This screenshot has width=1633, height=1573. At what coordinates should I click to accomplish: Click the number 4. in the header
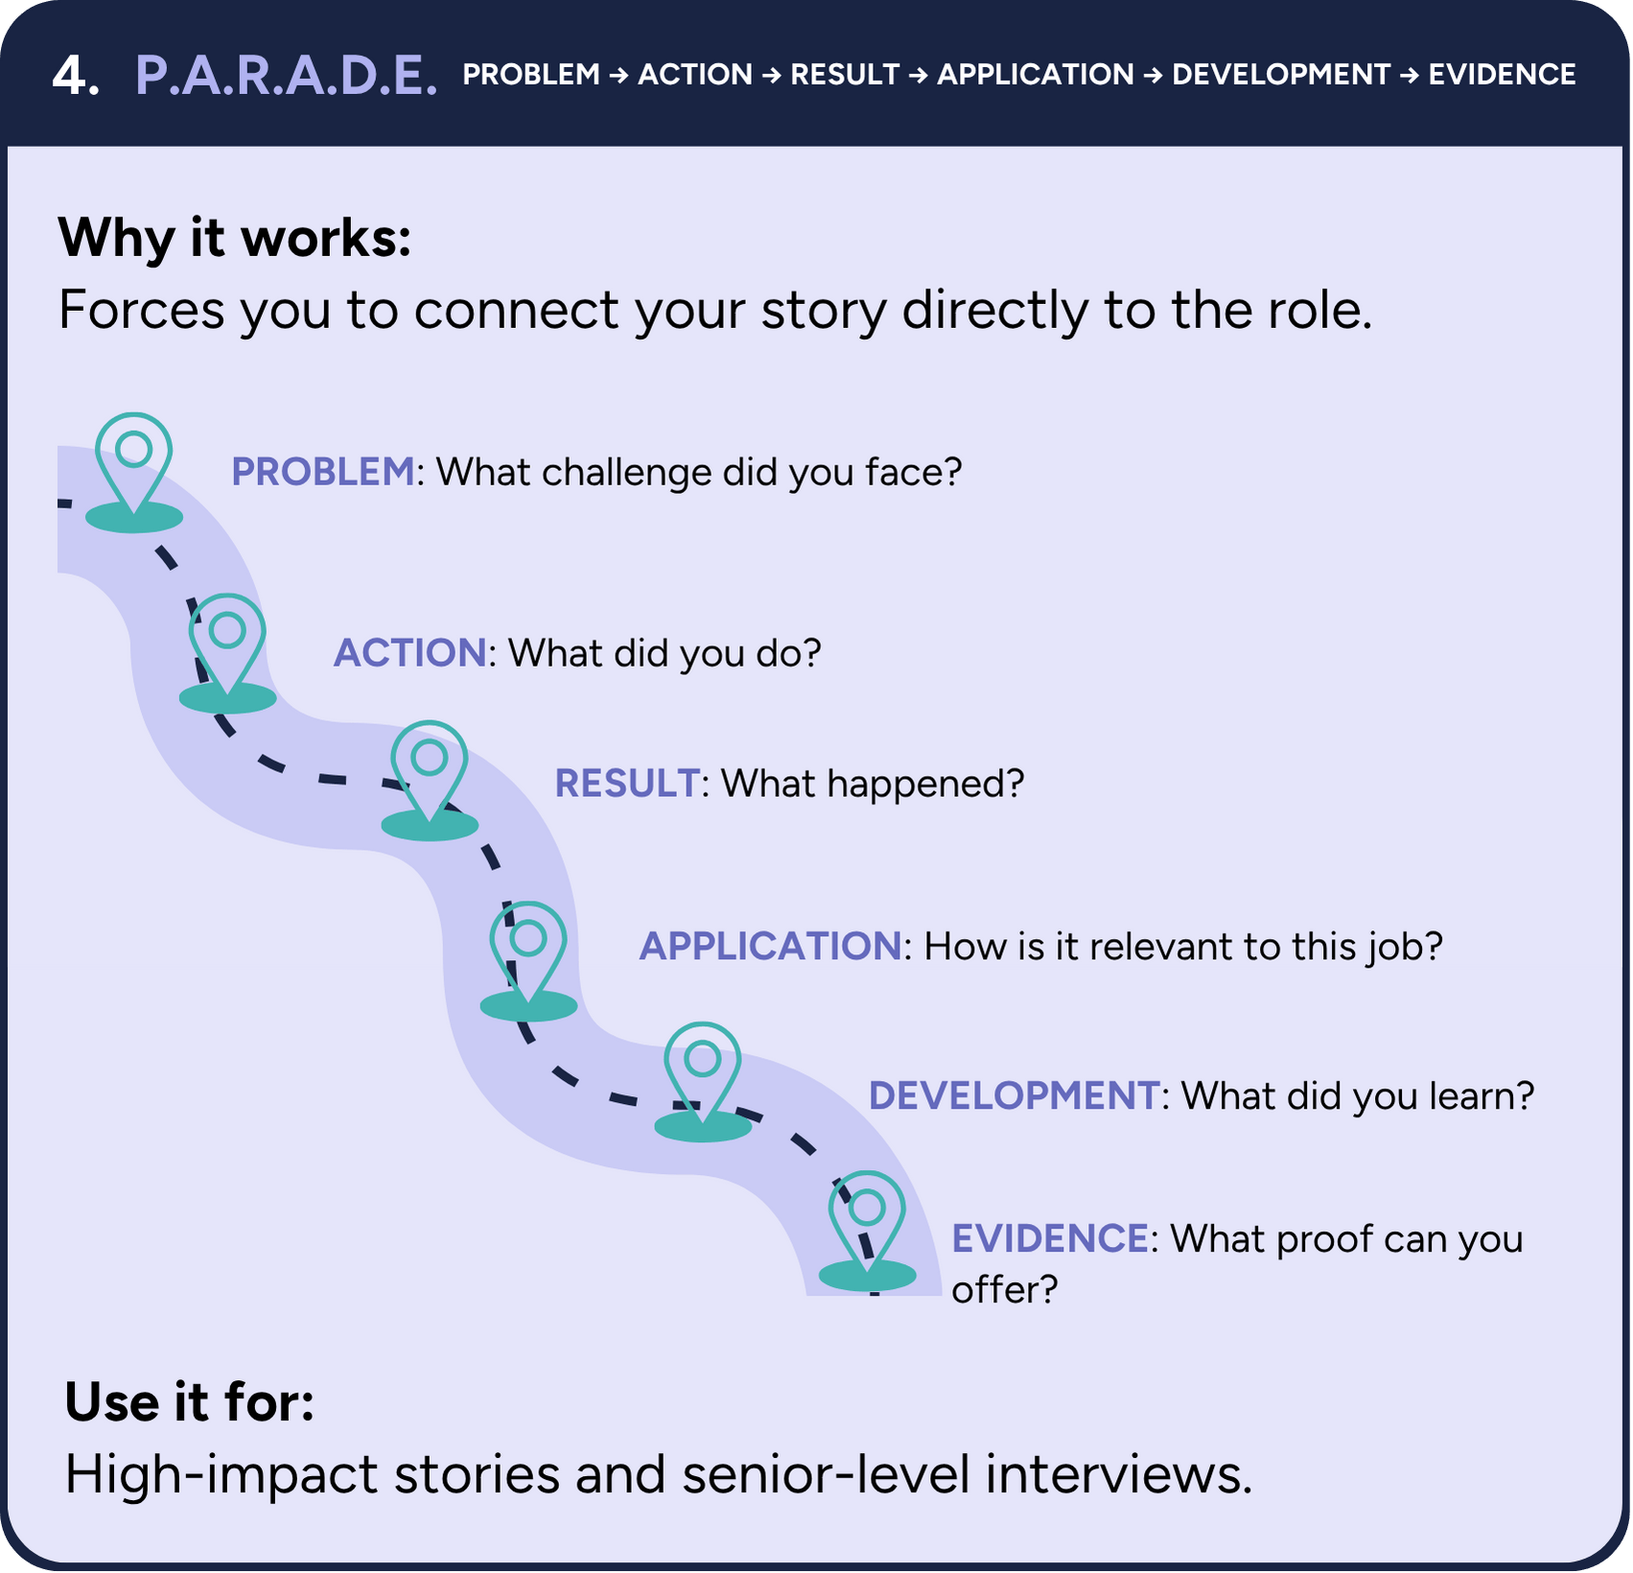pos(76,75)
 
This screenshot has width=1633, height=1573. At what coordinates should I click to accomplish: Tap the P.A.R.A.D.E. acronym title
pos(286,75)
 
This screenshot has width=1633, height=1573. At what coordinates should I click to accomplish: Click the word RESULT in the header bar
pos(845,75)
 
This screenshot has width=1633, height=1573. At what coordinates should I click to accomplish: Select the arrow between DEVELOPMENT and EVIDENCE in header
pos(1409,75)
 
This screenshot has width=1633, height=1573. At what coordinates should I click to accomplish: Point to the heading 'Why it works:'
pos(234,237)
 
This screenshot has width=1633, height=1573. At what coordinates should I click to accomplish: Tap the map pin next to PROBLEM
pos(134,465)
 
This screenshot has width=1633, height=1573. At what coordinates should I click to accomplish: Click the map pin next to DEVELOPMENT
pos(703,1074)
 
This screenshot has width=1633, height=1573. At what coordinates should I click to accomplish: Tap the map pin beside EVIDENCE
pos(867,1224)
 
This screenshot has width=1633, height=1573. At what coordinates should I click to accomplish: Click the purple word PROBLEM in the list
pos(322,472)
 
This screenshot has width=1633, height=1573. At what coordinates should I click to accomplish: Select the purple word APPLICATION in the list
pos(770,946)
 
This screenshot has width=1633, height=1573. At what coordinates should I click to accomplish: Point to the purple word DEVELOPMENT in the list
pos(1014,1095)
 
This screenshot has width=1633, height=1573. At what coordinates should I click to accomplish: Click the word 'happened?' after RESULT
pos(925,784)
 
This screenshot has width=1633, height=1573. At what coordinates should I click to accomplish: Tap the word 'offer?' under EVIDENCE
pos(1004,1289)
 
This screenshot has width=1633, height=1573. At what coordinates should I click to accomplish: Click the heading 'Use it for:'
pos(189,1402)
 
